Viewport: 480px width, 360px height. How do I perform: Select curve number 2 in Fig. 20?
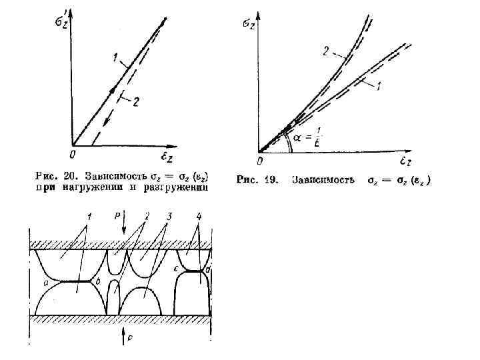(136, 101)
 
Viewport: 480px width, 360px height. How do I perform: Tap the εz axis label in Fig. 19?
(407, 162)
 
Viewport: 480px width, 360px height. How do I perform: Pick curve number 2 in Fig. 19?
(326, 50)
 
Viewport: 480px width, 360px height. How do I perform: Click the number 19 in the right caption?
(272, 180)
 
